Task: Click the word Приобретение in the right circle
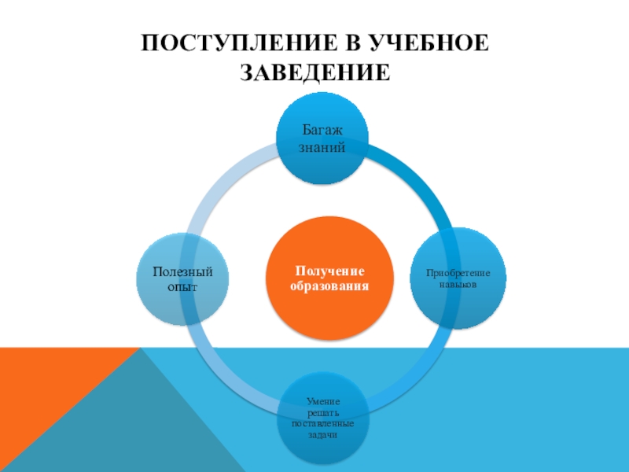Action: [458, 272]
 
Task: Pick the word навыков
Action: [458, 283]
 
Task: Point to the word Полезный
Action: [183, 272]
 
